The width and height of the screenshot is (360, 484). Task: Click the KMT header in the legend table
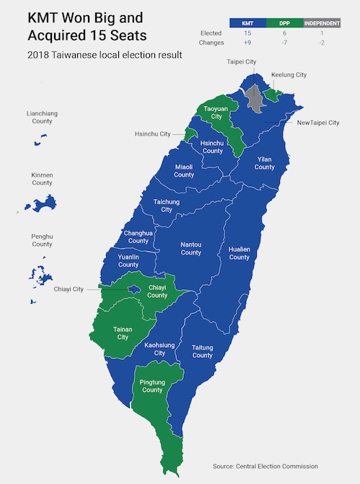click(247, 23)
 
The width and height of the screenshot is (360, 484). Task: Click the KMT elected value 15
click(247, 33)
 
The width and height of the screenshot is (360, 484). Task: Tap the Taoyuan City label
click(211, 112)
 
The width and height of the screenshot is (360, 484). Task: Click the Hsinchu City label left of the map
click(153, 134)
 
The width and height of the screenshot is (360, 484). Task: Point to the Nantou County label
click(190, 248)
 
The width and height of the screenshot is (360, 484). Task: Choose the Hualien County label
click(239, 252)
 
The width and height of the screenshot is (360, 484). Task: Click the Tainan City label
click(123, 333)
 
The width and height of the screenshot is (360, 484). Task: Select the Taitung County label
click(202, 351)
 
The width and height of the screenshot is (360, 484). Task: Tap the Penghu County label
click(42, 240)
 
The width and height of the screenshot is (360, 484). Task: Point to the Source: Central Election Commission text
click(265, 466)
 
